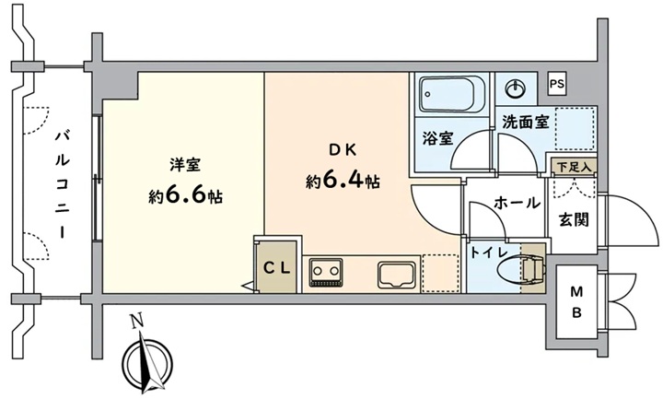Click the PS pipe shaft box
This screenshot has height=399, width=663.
[x=557, y=84]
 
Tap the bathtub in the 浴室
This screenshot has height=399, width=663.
[x=451, y=95]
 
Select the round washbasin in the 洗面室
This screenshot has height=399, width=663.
[x=515, y=89]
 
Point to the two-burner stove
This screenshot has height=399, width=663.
[x=325, y=273]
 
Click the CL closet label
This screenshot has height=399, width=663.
[x=277, y=268]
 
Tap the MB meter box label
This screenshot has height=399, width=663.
[x=577, y=302]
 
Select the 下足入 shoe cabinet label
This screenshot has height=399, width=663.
[x=574, y=167]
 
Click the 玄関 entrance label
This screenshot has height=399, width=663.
[x=574, y=219]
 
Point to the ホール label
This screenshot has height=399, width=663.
[x=517, y=203]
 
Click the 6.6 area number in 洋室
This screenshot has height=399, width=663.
[x=185, y=195]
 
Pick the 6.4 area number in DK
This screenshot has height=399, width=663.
[x=343, y=181]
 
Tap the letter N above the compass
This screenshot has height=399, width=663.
[x=136, y=323]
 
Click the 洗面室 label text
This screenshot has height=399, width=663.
[x=526, y=123]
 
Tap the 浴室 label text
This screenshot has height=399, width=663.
[x=438, y=138]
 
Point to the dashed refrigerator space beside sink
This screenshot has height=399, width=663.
[x=440, y=273]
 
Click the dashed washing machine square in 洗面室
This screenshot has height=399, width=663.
[x=576, y=128]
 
